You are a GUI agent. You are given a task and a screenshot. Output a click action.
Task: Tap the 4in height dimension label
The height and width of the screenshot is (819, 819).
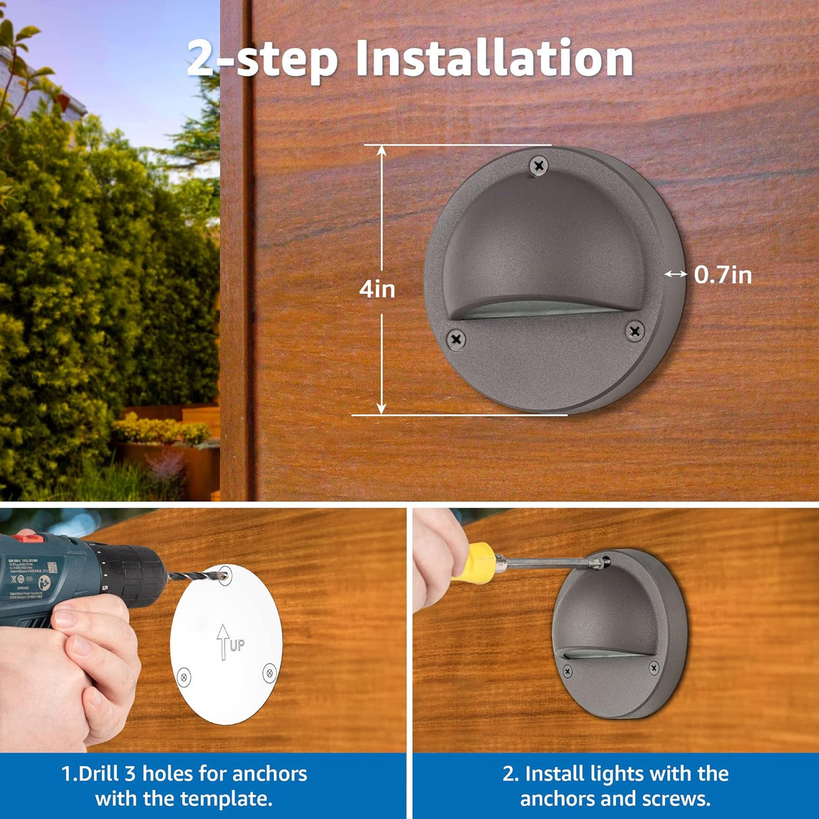[x=376, y=289]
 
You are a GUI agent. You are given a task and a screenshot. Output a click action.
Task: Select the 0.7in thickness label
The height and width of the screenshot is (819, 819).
[x=723, y=275]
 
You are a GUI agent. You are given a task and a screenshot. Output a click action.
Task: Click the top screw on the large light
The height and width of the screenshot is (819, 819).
[x=538, y=165]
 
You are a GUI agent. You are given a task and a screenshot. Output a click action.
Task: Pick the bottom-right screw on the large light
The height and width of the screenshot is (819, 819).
[x=634, y=331]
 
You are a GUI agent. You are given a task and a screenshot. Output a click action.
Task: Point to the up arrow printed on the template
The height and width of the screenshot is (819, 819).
[x=222, y=642]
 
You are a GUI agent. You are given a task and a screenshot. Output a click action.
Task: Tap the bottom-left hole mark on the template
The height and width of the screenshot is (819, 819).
[x=183, y=677]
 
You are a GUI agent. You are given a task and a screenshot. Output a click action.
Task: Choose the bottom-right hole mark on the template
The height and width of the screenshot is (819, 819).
[x=269, y=671]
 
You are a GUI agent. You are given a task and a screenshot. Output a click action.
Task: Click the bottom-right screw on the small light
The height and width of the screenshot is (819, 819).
[x=653, y=667]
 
